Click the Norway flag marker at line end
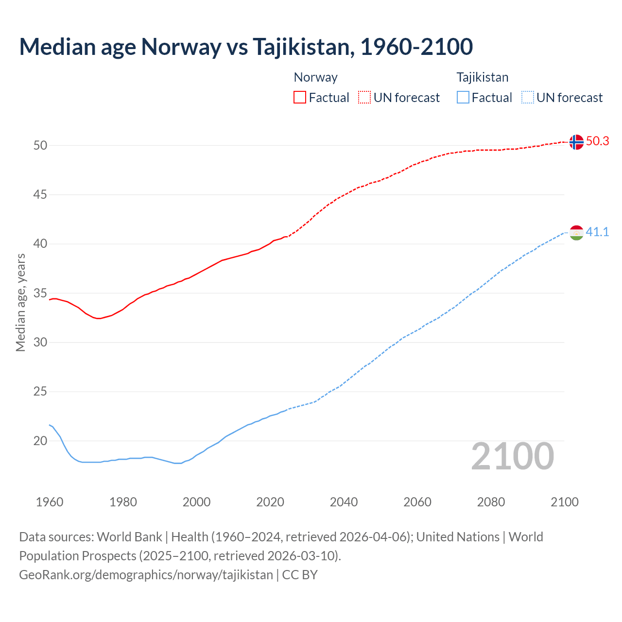pos(576,142)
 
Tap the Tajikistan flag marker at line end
pos(576,233)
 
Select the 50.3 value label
pos(597,141)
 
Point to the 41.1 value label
pos(597,232)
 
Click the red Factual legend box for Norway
pos(300,98)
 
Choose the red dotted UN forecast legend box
pos(364,98)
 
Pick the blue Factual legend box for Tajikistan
pos(463,98)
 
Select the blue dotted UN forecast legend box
pos(528,98)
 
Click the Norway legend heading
pos(315,77)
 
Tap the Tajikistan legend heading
pos(482,77)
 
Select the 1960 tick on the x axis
pos(50,502)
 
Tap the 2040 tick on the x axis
pos(344,502)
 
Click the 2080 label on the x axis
pos(491,502)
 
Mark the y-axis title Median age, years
pos(20,302)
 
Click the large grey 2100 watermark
pos(512,456)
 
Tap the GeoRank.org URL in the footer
pos(146,575)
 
